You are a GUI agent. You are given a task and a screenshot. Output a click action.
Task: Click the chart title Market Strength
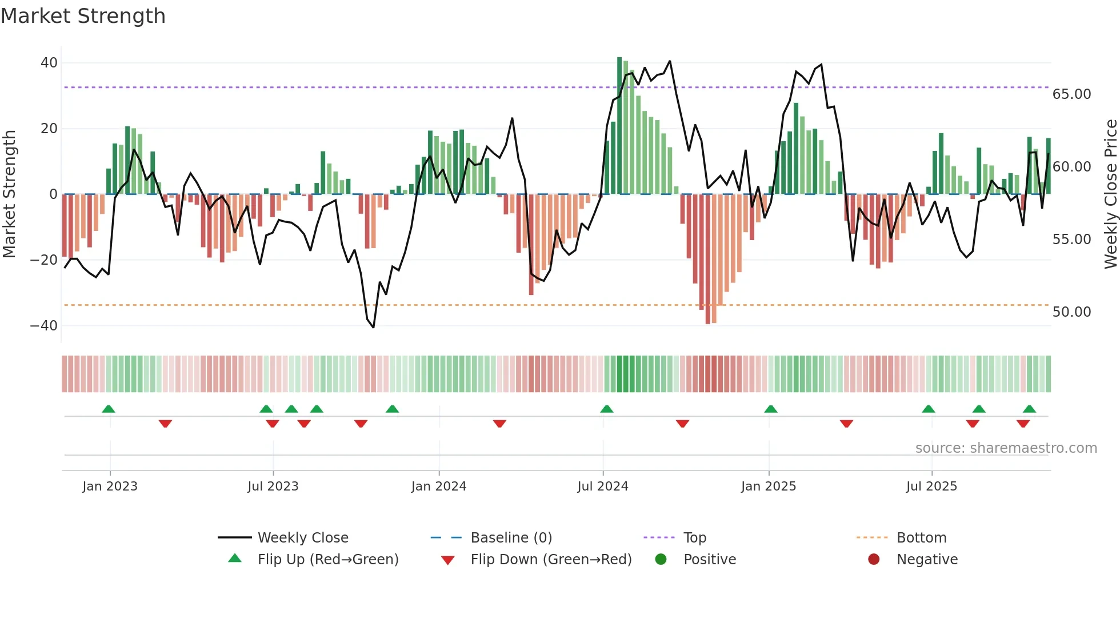click(83, 16)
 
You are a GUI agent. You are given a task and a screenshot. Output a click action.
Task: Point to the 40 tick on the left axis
click(49, 63)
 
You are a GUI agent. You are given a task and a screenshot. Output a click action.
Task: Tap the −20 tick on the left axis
click(44, 260)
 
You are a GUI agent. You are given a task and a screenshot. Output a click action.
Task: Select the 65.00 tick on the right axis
click(1071, 94)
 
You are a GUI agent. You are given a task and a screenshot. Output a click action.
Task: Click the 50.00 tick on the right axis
click(1071, 312)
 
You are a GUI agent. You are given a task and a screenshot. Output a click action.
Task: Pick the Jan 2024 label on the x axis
click(438, 487)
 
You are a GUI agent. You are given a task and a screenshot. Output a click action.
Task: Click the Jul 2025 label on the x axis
click(931, 487)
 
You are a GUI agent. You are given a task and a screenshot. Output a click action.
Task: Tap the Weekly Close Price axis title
click(1110, 194)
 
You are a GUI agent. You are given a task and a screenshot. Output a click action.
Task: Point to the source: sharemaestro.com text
click(1006, 448)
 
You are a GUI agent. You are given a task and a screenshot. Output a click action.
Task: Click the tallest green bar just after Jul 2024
click(619, 126)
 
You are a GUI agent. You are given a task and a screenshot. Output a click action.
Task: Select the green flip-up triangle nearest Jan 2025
click(770, 409)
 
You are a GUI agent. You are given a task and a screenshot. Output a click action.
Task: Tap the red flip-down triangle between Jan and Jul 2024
click(499, 424)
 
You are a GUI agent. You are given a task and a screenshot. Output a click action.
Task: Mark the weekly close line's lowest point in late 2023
click(373, 327)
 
